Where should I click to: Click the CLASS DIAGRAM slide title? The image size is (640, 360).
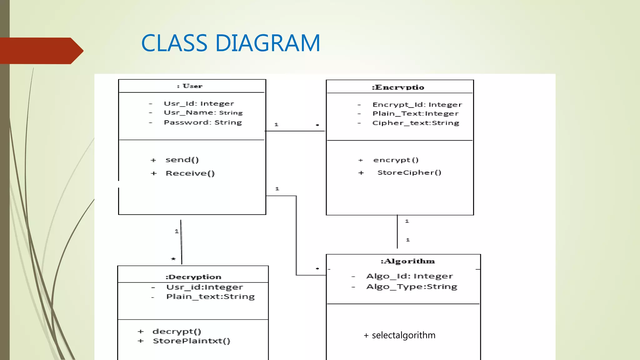pyautogui.click(x=231, y=43)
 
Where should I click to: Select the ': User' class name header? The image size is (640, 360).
pyautogui.click(x=190, y=86)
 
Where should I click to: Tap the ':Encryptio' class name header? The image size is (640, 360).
pyautogui.click(x=398, y=87)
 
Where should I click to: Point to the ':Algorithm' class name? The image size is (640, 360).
pyautogui.click(x=407, y=261)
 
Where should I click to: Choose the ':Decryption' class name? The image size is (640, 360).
pyautogui.click(x=193, y=277)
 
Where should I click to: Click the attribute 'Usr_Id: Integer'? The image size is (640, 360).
pyautogui.click(x=199, y=103)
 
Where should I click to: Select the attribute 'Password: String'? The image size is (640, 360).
pyautogui.click(x=203, y=122)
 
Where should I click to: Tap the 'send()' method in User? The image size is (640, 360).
pyautogui.click(x=182, y=160)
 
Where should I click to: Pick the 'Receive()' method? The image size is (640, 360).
pyautogui.click(x=190, y=173)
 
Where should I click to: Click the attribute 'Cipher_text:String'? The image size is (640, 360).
pyautogui.click(x=416, y=123)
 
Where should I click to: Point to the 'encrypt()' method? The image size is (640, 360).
pyautogui.click(x=396, y=160)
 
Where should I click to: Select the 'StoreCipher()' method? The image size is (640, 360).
pyautogui.click(x=409, y=172)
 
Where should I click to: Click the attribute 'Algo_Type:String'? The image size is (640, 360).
pyautogui.click(x=412, y=287)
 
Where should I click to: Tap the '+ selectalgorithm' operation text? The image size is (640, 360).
pyautogui.click(x=399, y=335)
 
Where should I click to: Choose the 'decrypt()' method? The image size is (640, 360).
pyautogui.click(x=177, y=331)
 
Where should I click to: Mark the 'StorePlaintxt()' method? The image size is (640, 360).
pyautogui.click(x=191, y=341)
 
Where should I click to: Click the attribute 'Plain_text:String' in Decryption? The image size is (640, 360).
pyautogui.click(x=210, y=297)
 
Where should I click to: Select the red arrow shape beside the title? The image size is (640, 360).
pyautogui.click(x=41, y=51)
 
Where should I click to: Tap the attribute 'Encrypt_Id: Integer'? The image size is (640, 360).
pyautogui.click(x=417, y=105)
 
